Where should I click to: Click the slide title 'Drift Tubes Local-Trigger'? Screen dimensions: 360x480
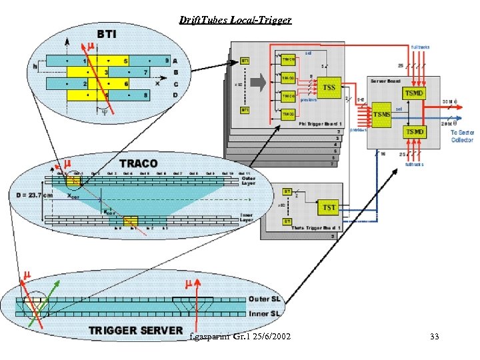click(x=235, y=20)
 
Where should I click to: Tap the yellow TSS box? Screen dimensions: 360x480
click(x=329, y=87)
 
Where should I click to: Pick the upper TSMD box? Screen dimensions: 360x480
click(x=413, y=93)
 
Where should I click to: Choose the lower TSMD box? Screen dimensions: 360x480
click(x=413, y=132)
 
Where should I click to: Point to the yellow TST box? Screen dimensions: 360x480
click(x=329, y=207)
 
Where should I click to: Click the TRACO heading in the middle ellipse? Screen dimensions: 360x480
click(x=138, y=163)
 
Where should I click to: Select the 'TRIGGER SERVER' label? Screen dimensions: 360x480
click(x=135, y=330)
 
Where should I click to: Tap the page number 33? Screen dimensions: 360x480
click(x=435, y=337)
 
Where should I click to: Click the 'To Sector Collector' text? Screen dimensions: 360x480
click(x=461, y=136)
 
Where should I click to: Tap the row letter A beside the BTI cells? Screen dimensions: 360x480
click(x=174, y=61)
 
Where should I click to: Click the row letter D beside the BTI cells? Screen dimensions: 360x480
click(x=174, y=96)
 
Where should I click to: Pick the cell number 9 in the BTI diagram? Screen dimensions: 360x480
click(x=167, y=61)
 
